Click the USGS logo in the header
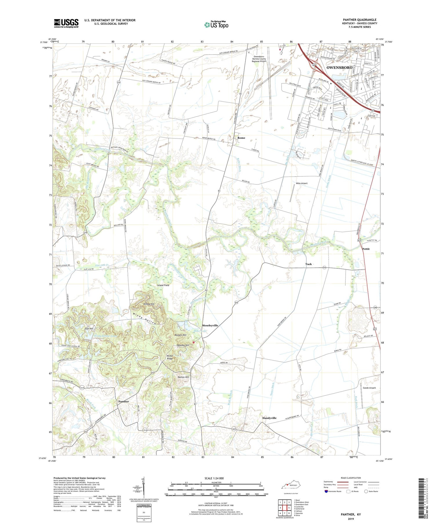pos(66,23)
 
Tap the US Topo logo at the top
pos(216,25)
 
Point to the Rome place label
pos(241,138)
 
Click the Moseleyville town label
pos(210,325)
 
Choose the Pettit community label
pos(366,249)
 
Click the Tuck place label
pos(308,264)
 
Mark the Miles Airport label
pos(302,183)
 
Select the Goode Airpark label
pos(369,388)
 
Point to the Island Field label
pos(163,285)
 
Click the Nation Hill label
pos(183,377)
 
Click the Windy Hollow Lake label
pos(105,336)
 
